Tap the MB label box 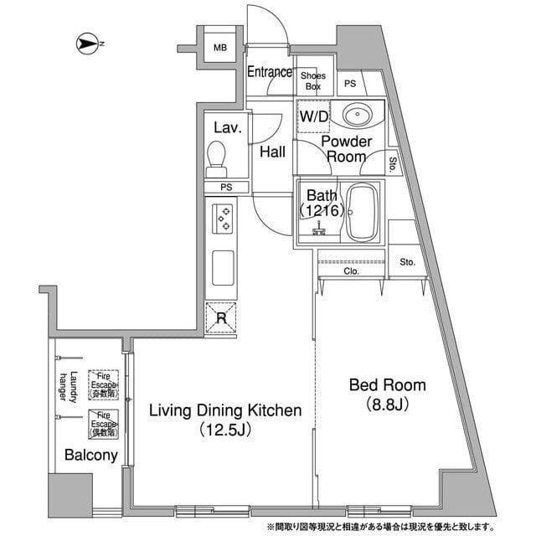click(219, 48)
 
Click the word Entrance click(269, 73)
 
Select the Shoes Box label click(313, 80)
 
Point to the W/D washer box click(314, 117)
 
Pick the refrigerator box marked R click(221, 317)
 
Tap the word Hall click(271, 152)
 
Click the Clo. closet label click(351, 271)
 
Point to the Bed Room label click(387, 385)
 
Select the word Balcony click(90, 456)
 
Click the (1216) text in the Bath click(321, 211)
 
